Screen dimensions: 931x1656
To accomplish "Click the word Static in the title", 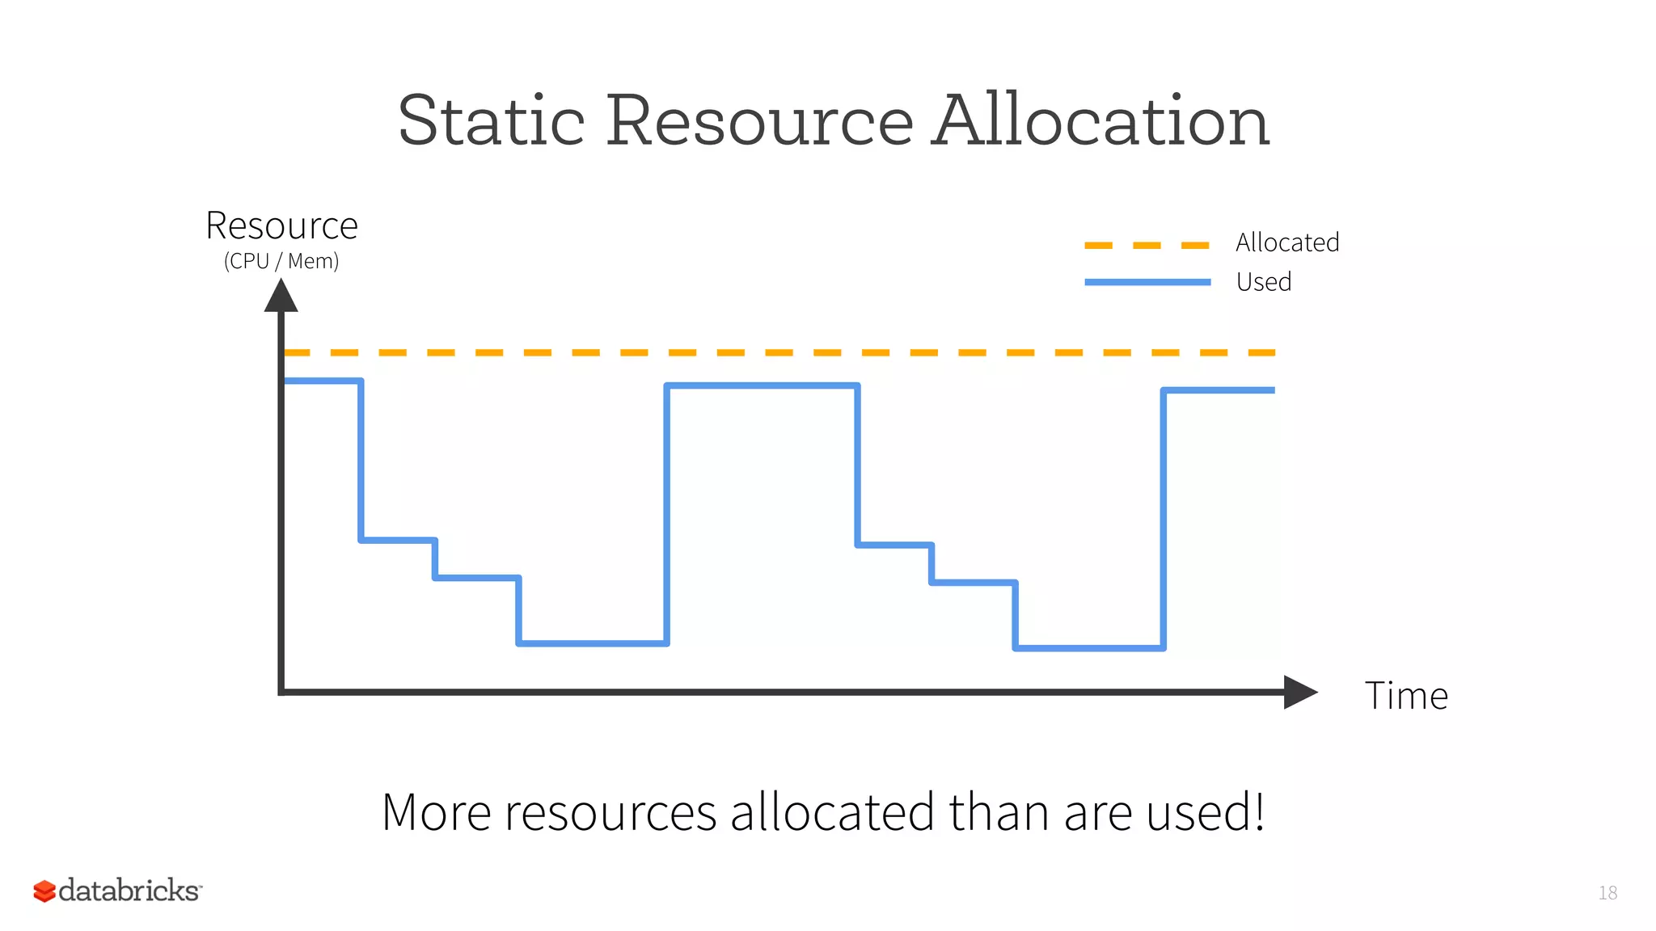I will pyautogui.click(x=491, y=121).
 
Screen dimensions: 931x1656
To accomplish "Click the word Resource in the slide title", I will pyautogui.click(x=759, y=121).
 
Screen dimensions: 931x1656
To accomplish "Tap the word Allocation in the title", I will pyautogui.click(x=1100, y=121).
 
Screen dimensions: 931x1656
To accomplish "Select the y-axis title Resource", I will pyautogui.click(x=281, y=225).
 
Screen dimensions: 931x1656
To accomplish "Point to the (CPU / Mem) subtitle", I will pyautogui.click(x=281, y=261).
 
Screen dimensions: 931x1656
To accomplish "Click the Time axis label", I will pyautogui.click(x=1406, y=696).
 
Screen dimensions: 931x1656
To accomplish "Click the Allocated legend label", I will pyautogui.click(x=1287, y=242).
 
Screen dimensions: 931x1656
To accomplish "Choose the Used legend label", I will pyautogui.click(x=1264, y=282).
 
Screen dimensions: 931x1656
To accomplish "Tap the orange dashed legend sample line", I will pyautogui.click(x=1147, y=245).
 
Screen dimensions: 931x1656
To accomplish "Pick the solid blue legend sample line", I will pyautogui.click(x=1147, y=282).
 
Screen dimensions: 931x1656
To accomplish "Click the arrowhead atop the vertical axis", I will pyautogui.click(x=281, y=297).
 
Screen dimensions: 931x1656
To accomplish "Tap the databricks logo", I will pyautogui.click(x=117, y=891).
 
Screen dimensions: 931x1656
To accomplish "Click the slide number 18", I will pyautogui.click(x=1607, y=893).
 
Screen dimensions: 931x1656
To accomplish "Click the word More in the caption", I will pyautogui.click(x=436, y=812).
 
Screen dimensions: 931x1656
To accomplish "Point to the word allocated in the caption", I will pyautogui.click(x=832, y=812).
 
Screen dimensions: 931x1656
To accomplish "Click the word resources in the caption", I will pyautogui.click(x=610, y=812).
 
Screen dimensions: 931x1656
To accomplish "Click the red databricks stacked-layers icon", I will pyautogui.click(x=44, y=891).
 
